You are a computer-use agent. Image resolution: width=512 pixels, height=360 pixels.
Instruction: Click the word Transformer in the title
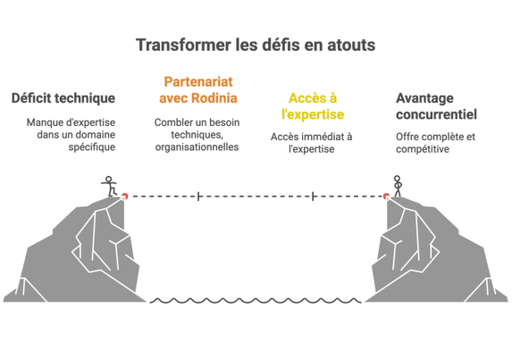[183, 45]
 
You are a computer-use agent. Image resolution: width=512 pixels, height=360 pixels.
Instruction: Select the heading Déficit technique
[63, 98]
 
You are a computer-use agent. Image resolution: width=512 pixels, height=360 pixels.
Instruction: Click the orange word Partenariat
[198, 81]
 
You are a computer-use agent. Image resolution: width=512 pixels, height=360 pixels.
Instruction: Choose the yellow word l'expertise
[313, 114]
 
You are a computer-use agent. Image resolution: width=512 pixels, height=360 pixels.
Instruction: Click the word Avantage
[424, 98]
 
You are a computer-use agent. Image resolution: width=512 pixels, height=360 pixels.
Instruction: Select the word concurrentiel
[436, 114]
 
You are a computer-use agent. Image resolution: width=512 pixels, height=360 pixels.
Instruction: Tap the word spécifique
[92, 147]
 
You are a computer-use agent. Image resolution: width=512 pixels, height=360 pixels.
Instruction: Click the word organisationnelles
[197, 147]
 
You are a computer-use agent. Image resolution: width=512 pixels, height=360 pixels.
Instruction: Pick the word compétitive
[423, 149]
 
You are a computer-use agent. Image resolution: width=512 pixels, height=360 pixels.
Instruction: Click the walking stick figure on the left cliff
[110, 187]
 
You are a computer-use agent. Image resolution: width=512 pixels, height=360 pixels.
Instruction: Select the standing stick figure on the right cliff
[397, 187]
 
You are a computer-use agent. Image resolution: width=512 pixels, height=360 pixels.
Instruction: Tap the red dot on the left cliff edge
[124, 197]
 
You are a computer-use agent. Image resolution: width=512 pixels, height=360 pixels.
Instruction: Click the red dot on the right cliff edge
[387, 197]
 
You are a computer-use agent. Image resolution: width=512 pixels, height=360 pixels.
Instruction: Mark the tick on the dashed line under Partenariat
[198, 197]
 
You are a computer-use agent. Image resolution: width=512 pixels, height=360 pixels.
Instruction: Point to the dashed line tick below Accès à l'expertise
[313, 197]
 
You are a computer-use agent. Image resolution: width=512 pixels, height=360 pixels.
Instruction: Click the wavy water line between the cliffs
[256, 301]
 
